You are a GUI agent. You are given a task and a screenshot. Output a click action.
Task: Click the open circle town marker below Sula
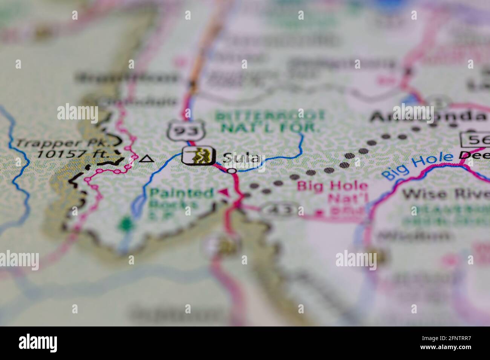click(232, 171)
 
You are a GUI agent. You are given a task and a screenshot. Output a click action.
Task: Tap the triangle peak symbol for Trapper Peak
click(146, 159)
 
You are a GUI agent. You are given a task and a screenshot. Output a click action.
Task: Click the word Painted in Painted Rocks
click(181, 194)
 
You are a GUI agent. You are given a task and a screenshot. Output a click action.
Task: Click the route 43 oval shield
click(281, 210)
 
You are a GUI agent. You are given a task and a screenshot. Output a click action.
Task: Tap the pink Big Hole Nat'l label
click(332, 192)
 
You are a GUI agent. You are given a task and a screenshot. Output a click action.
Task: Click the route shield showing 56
click(475, 140)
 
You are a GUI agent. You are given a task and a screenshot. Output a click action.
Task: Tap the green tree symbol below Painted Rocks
click(124, 224)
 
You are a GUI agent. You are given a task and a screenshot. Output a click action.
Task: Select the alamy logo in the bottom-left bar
click(38, 343)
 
